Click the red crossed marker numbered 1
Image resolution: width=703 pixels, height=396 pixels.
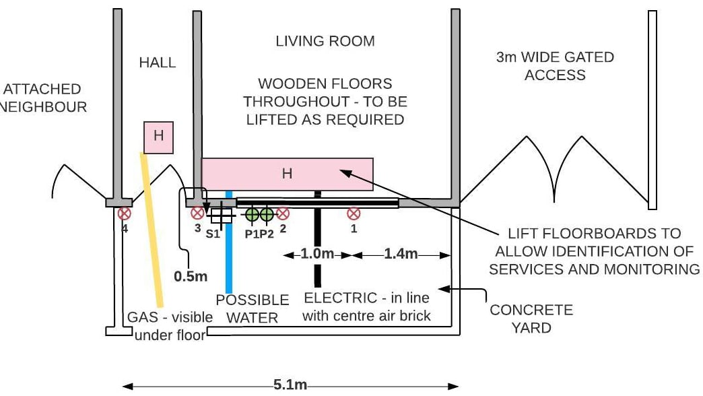(x=354, y=213)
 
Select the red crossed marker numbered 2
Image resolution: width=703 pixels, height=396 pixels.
(x=283, y=213)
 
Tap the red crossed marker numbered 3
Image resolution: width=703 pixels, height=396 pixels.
(x=197, y=213)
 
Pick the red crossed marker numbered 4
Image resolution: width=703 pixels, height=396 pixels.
(x=124, y=213)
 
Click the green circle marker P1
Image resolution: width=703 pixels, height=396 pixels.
(x=253, y=214)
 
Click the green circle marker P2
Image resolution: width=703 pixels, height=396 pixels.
(x=267, y=214)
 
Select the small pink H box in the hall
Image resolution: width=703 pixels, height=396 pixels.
(x=159, y=137)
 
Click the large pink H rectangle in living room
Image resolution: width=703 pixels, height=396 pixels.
(x=288, y=174)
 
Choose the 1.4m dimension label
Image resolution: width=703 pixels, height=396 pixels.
(x=401, y=255)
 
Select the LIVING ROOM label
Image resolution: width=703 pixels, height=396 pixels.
(x=325, y=41)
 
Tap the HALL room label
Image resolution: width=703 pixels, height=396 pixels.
(x=157, y=63)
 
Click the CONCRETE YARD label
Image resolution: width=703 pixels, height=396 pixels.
(x=531, y=319)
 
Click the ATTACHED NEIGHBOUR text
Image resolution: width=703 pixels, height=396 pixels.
(x=42, y=98)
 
